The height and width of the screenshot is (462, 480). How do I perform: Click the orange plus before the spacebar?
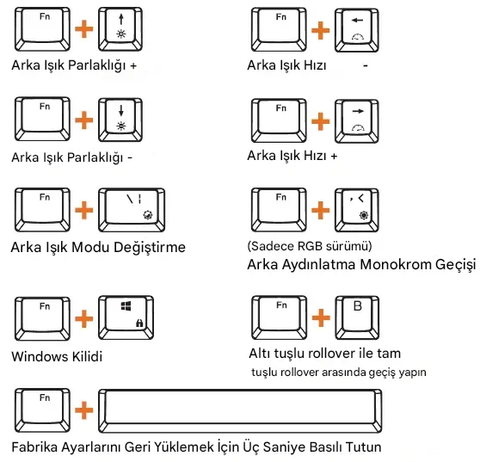tap(84, 410)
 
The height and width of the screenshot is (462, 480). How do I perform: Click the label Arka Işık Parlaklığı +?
tap(74, 66)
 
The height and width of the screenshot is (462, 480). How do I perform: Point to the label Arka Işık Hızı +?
tap(292, 156)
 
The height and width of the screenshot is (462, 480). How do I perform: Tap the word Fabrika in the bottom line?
tap(35, 447)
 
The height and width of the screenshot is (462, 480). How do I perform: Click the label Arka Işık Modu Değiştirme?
tap(98, 248)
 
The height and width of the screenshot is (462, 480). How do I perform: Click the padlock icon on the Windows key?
tap(139, 323)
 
